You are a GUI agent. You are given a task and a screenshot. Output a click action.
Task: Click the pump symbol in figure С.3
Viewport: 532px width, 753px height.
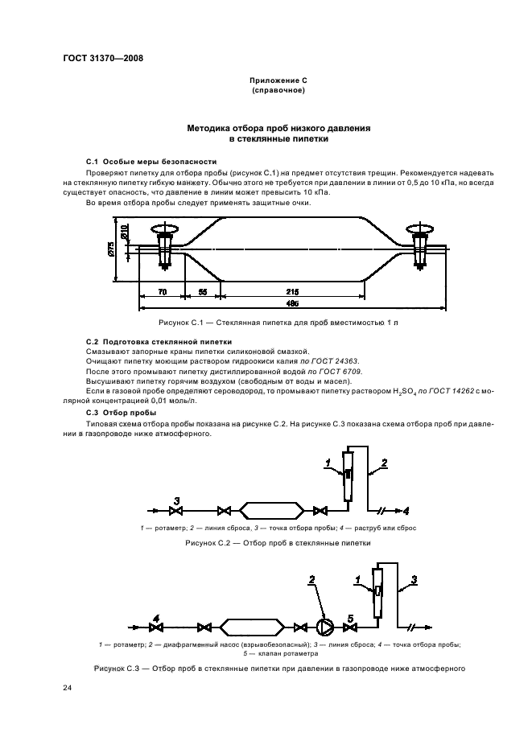click(x=323, y=627)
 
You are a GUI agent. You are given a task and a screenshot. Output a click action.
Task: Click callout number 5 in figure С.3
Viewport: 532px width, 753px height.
click(x=349, y=617)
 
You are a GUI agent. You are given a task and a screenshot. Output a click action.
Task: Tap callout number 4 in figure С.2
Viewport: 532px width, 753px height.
click(x=406, y=510)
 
